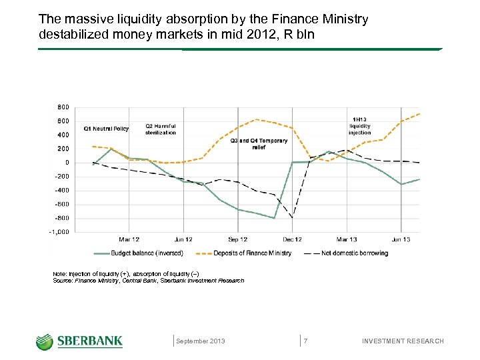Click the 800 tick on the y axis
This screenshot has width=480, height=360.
(63, 107)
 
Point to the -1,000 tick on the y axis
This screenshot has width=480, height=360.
(59, 232)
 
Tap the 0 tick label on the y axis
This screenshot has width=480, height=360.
(66, 163)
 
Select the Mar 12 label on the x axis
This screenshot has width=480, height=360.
(129, 239)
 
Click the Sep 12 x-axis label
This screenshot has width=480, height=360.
(238, 239)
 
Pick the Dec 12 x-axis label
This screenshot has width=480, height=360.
(292, 239)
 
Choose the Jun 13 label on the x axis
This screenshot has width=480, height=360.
(400, 239)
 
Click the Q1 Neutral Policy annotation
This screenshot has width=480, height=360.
(106, 129)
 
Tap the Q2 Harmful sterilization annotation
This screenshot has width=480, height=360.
(161, 129)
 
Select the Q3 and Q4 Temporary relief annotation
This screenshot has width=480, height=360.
(259, 144)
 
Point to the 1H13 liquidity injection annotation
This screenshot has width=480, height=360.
(360, 125)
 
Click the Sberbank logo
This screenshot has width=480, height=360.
(79, 341)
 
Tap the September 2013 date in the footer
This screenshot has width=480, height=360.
(201, 341)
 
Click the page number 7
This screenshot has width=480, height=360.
(305, 341)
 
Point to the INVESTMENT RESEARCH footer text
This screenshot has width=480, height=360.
(402, 341)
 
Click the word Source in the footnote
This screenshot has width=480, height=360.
(62, 281)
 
